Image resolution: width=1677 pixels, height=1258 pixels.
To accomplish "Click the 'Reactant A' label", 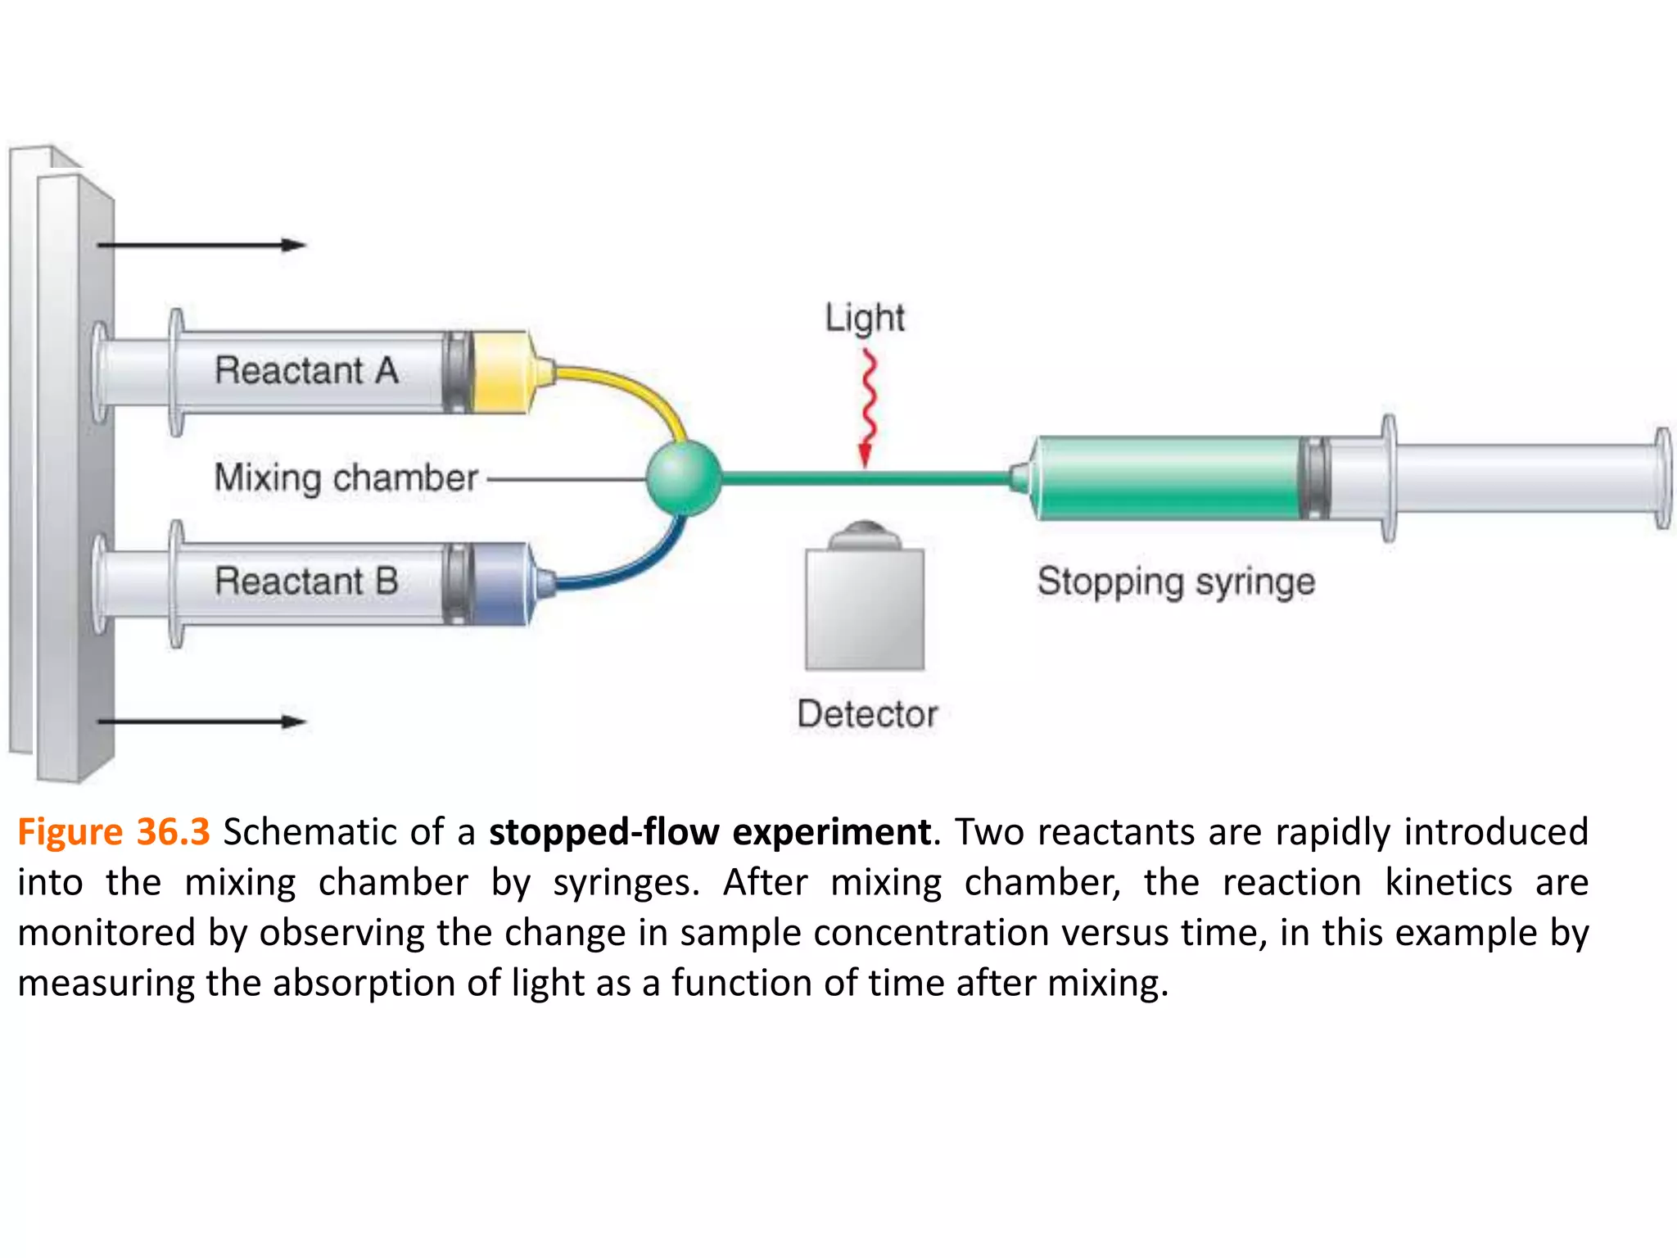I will coord(306,370).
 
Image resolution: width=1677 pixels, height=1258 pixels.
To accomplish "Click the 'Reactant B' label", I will coord(306,581).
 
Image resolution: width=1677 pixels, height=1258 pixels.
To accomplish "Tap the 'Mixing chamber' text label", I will coord(346,477).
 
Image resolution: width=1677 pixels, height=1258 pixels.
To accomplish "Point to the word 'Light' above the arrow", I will coord(865,318).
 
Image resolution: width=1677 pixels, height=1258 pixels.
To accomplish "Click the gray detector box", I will coord(865,609).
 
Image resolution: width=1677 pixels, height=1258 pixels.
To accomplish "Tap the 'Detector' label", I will coord(867,714).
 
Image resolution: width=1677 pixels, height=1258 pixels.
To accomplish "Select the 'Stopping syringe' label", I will coord(1176,582).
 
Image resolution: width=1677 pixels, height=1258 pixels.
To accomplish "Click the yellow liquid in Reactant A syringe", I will coord(499,372).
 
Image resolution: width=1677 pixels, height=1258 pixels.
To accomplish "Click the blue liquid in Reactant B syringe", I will coord(499,583).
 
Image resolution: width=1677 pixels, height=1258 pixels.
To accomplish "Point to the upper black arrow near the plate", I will coord(201,245).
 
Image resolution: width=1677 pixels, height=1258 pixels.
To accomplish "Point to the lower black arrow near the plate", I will coord(201,722).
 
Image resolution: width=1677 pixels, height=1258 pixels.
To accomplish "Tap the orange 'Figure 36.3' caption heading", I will coord(114,832).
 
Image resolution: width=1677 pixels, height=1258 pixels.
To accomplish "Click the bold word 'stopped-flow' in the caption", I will coord(604,832).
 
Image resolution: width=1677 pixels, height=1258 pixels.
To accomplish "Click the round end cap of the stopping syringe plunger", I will coord(1662,478).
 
